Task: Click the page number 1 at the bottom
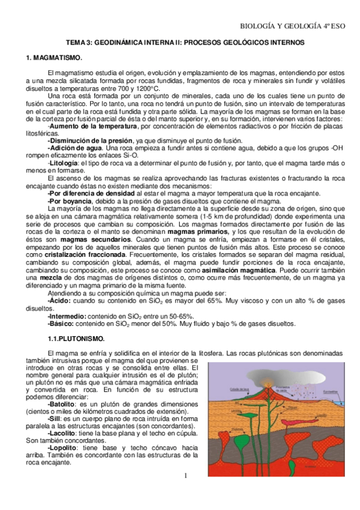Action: pyautogui.click(x=186, y=477)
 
